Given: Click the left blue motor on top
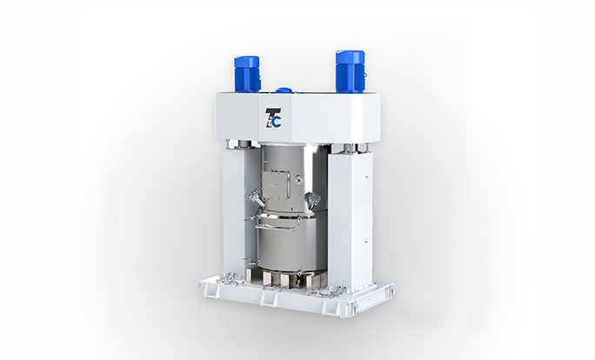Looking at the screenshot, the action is pos(247,74).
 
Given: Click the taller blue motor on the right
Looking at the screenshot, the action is pos(351,71).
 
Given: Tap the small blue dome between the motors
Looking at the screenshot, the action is pos(283,90).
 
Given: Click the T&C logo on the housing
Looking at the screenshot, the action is pos(273,118).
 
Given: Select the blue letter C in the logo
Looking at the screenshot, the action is pos(277,122).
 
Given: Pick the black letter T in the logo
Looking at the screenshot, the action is pos(271,116).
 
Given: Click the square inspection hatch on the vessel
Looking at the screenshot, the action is pos(276,184).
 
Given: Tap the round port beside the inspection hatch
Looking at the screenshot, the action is pos(299,178).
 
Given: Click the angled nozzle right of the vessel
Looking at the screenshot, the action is pos(312,199).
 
